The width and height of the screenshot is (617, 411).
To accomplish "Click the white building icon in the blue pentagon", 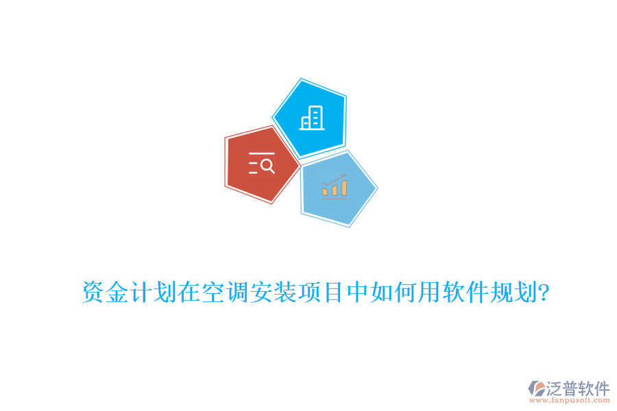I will coord(311,119).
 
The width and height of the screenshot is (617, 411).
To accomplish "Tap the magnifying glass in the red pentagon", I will coord(267,165).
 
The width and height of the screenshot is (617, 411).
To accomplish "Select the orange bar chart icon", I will coord(335,186).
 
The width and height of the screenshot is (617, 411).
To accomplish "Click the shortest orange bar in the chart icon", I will coord(326,192).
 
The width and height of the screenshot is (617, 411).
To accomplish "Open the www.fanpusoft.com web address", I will coord(570,400).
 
